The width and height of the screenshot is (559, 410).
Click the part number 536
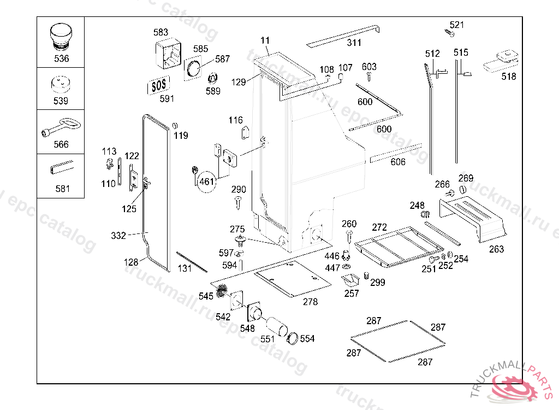[61, 58]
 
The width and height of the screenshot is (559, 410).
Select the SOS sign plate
[158, 85]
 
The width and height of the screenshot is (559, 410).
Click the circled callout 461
[207, 181]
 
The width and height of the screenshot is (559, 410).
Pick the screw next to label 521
[450, 34]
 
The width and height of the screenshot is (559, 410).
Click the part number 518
[508, 77]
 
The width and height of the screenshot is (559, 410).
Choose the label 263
[496, 249]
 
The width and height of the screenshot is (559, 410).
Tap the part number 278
[310, 301]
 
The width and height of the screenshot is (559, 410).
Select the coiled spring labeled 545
[221, 291]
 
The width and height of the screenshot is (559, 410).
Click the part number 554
[307, 339]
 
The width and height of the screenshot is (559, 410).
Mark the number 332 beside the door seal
[118, 236]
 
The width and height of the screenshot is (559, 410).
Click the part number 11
[265, 40]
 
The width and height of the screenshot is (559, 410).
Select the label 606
[398, 162]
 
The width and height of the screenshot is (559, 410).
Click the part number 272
[379, 227]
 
